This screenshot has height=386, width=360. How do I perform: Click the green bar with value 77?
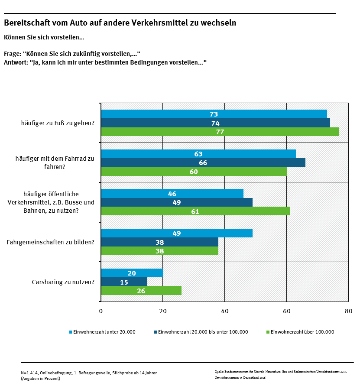point(220,132)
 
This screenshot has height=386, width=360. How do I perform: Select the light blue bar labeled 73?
point(214,114)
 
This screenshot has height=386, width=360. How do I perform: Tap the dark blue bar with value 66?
point(203,162)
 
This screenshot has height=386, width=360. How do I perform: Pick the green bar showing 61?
point(195,211)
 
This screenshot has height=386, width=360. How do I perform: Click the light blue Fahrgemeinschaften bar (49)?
point(176,233)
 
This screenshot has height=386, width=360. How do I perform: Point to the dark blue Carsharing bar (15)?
point(124,282)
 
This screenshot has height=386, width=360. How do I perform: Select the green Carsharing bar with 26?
point(141,291)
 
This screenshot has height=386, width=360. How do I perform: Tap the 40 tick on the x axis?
point(224,311)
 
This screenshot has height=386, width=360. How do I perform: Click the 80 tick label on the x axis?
point(348,311)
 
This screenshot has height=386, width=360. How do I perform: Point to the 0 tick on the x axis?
point(101,311)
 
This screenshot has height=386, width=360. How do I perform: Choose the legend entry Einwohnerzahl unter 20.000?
point(104,332)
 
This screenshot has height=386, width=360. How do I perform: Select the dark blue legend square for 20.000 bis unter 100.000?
point(156,332)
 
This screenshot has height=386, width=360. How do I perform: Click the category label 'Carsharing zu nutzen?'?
point(63,282)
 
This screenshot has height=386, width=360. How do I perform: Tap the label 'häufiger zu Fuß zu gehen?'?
point(58,123)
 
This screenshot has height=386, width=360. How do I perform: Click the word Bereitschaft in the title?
point(26,23)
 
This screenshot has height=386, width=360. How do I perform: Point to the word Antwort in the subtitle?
point(15,62)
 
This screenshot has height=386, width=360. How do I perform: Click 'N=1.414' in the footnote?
point(30,373)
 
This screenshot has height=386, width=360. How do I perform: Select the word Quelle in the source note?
point(219,371)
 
